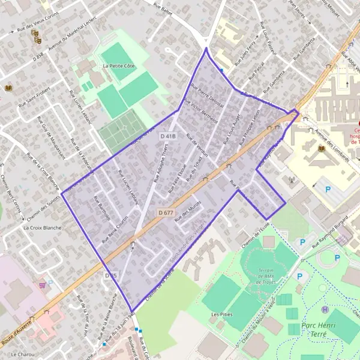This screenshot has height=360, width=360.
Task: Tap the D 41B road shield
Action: pos(169,137)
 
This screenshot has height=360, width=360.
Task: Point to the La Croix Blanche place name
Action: pos(43,228)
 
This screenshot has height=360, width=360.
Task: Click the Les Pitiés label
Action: pos(222,314)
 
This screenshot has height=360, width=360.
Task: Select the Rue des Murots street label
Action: pos(188,214)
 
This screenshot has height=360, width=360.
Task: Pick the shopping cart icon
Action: pos(43,285)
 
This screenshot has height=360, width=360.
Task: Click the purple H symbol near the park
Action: pos(325,310)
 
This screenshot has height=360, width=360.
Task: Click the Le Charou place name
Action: pos(22,355)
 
